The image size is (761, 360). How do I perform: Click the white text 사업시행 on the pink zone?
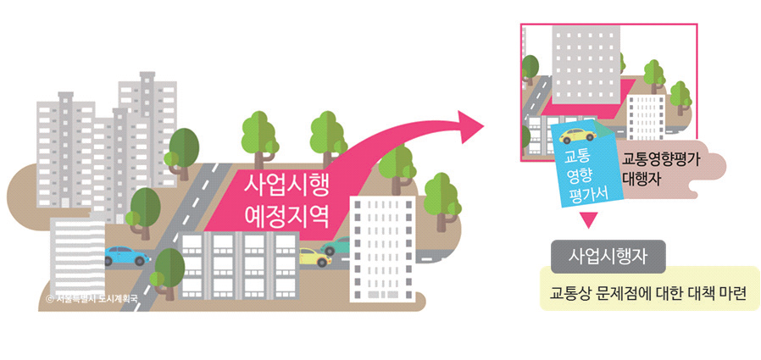[285, 185]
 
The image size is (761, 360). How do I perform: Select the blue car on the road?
[125, 256]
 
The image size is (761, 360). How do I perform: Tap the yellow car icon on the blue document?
[578, 136]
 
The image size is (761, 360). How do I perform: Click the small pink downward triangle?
[589, 222]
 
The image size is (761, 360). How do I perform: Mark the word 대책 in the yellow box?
[701, 294]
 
